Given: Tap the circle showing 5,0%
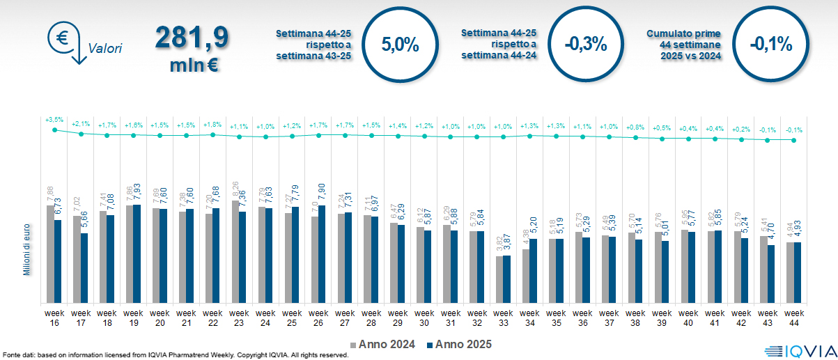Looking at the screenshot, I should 400,45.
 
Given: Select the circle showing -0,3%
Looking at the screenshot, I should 585,45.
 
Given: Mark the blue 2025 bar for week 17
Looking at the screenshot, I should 84,268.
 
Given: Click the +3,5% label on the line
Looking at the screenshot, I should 54,120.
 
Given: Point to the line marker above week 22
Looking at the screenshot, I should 212,134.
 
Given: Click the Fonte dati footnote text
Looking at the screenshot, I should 174,355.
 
